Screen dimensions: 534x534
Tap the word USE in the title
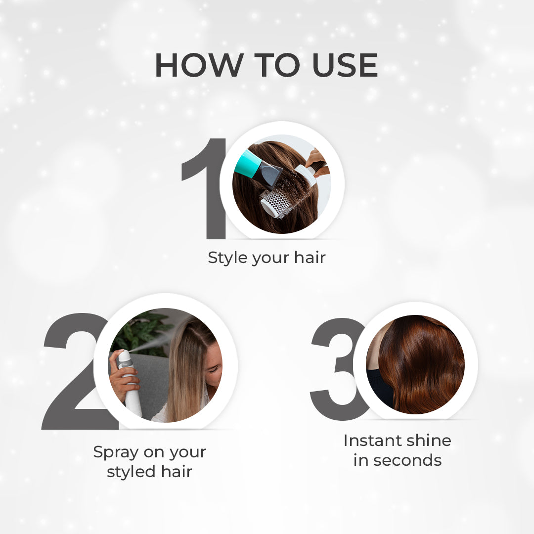(x=345, y=65)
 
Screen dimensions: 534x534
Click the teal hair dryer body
(x=248, y=164)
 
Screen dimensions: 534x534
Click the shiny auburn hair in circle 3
(x=421, y=364)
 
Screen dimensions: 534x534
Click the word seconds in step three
(x=407, y=461)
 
